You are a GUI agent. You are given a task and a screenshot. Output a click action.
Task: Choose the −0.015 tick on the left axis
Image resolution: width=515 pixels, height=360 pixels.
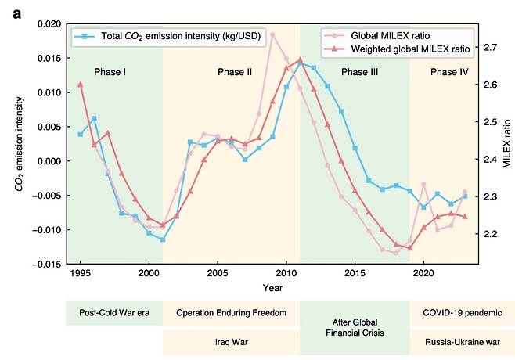[x=46, y=264]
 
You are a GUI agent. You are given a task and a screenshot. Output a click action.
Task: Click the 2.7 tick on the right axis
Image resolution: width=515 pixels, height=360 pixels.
[x=490, y=48]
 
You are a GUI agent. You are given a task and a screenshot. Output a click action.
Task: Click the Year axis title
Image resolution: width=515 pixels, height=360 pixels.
[x=273, y=288]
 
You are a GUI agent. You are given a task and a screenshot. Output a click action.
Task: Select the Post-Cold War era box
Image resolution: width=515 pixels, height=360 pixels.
[x=113, y=313]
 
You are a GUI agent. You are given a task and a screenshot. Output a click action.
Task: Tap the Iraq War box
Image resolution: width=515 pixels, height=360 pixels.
[x=231, y=342]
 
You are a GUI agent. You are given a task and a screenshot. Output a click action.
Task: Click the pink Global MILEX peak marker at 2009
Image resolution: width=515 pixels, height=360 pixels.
[x=272, y=34]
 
